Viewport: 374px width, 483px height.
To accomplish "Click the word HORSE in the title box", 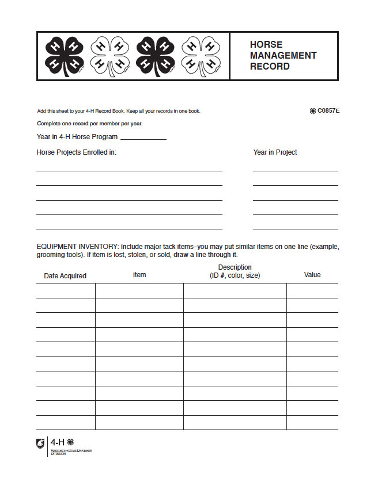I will click(x=266, y=44).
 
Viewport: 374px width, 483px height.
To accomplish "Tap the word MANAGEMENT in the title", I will click(x=283, y=55).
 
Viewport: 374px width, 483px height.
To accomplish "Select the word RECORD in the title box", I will click(x=269, y=66).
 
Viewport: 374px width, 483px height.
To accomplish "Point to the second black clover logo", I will click(x=154, y=55).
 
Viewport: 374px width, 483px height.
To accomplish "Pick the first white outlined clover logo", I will click(x=109, y=55).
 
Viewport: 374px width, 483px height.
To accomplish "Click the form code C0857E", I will click(x=328, y=111).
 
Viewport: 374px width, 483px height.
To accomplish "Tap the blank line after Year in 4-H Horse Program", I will click(x=143, y=138).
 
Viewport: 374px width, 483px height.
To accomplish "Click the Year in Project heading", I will click(x=275, y=152).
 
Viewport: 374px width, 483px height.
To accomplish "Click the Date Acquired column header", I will click(x=65, y=276).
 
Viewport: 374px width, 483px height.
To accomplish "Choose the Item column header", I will click(x=139, y=275).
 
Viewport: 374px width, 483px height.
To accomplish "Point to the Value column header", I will click(x=312, y=275).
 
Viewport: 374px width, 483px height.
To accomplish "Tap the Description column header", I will click(x=235, y=271).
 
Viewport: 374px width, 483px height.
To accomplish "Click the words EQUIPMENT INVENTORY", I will click(x=77, y=247).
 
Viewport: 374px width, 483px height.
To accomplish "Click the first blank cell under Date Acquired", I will click(x=66, y=290).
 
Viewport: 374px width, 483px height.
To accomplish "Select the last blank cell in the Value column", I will click(x=312, y=423).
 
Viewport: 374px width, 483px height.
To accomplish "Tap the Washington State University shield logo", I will click(x=40, y=443).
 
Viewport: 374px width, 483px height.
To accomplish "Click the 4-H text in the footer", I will click(x=58, y=442).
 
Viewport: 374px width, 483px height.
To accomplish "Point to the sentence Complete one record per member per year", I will click(x=89, y=124).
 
